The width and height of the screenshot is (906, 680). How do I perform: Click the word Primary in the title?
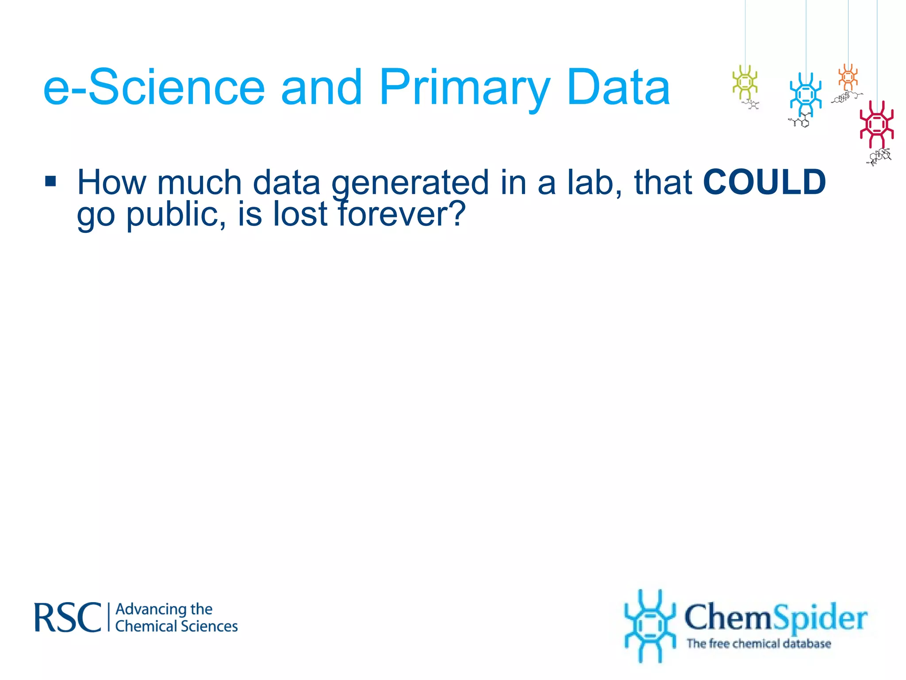[465, 89]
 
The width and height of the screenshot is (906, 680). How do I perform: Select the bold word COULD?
[764, 182]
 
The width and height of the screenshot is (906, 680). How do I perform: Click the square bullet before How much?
[51, 181]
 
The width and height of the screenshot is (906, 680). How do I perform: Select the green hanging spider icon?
[745, 82]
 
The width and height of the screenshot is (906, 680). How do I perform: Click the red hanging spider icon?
[876, 124]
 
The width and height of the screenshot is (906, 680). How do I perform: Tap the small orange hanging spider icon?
[848, 77]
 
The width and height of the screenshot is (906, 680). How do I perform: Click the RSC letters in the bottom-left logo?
[68, 617]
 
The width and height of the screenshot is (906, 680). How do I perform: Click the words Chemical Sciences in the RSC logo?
[176, 626]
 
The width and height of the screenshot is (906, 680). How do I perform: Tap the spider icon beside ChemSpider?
[650, 626]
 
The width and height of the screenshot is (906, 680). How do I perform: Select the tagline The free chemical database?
[758, 643]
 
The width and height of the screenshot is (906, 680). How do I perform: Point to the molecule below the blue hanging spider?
[800, 121]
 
